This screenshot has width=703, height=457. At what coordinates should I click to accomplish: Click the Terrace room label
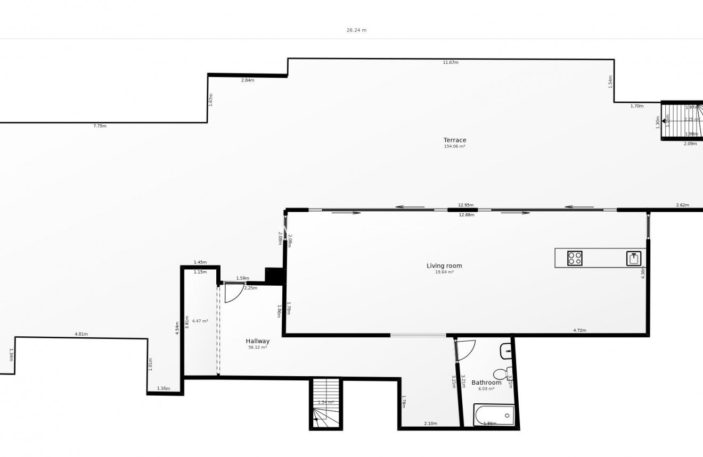(455, 140)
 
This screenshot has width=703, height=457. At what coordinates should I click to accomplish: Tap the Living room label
(444, 265)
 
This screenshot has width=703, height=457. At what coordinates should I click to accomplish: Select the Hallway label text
(257, 341)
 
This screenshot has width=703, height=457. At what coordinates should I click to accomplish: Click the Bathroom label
(486, 383)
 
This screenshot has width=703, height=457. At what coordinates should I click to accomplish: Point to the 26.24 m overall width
(356, 30)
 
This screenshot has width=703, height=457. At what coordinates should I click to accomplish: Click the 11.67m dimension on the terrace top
(451, 62)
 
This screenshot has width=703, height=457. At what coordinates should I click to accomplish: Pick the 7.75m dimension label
(100, 126)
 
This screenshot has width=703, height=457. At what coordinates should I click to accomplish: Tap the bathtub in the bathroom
(494, 415)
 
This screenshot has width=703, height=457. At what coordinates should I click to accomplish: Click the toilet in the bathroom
(501, 373)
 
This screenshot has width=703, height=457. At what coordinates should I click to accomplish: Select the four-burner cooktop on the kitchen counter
(575, 258)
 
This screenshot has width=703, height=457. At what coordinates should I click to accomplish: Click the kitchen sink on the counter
(633, 259)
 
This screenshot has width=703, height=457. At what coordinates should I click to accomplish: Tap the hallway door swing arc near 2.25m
(233, 293)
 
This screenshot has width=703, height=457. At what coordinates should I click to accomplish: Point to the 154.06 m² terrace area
(455, 146)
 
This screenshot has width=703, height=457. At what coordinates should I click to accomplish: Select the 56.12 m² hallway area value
(257, 347)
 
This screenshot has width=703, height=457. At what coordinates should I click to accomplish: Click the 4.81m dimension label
(81, 334)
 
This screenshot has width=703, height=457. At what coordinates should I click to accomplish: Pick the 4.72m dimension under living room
(579, 330)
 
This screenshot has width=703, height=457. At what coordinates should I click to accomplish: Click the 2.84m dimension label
(248, 80)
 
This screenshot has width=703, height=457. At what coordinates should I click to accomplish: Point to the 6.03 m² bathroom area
(486, 389)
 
